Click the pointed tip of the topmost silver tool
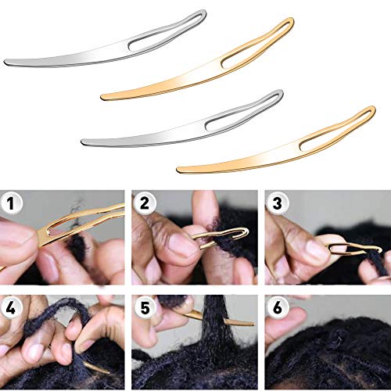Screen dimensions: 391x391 (6, 63)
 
